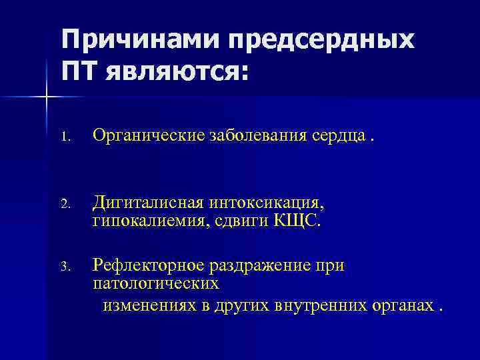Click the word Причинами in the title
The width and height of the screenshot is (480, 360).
tap(141, 39)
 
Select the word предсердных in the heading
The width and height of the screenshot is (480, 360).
tap(321, 39)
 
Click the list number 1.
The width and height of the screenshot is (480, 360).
tap(64, 138)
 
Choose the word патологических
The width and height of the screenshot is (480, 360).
tap(155, 285)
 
